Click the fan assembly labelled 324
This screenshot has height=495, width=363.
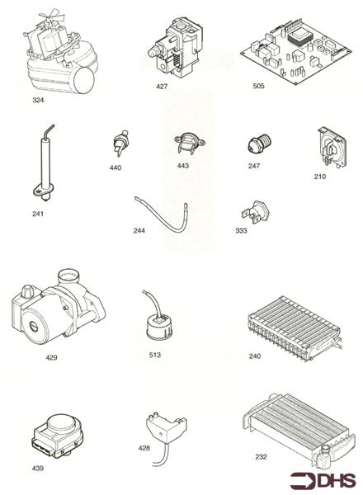(x=54, y=62)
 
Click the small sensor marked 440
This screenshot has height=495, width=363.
(x=119, y=146)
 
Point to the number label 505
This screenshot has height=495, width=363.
(x=263, y=86)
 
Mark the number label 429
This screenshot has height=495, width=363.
(x=52, y=358)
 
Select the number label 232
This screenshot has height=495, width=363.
(x=262, y=455)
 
